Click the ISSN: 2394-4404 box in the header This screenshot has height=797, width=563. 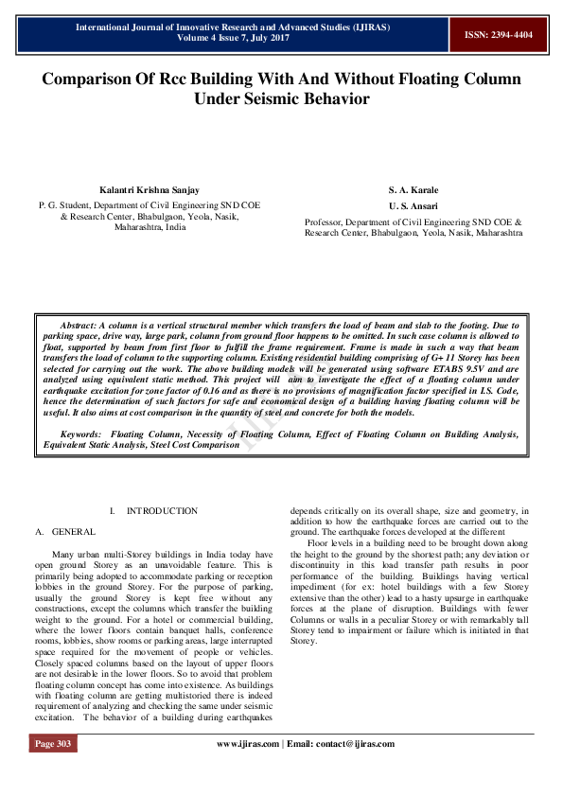(x=498, y=34)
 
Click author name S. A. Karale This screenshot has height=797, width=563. (x=413, y=190)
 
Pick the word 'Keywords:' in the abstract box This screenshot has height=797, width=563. (x=80, y=434)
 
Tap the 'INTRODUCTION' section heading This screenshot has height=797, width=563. (x=162, y=511)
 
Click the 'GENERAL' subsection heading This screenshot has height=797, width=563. (x=73, y=533)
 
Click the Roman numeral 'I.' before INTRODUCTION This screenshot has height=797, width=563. (x=113, y=511)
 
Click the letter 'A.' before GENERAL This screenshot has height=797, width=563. (x=37, y=533)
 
